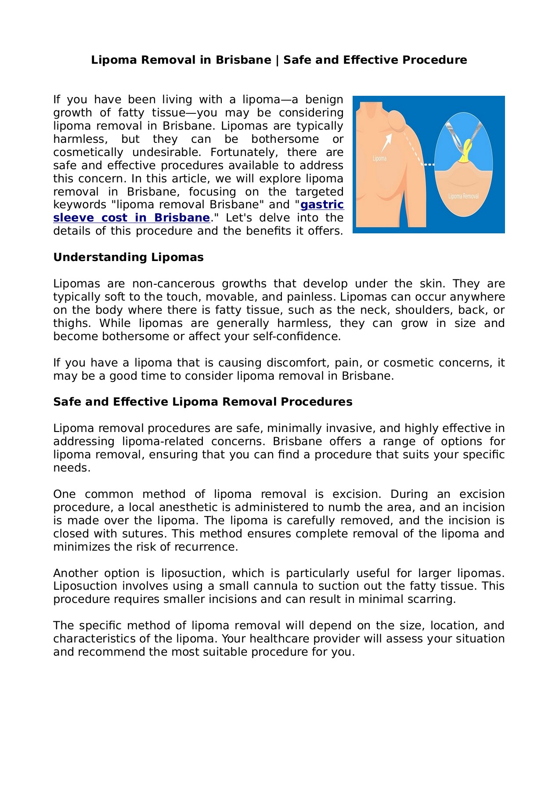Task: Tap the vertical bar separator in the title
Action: point(277,60)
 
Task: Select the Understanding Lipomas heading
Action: point(128,258)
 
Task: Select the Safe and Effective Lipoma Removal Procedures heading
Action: point(202,402)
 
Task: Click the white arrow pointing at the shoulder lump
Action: point(387,142)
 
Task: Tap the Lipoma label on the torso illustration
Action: point(379,158)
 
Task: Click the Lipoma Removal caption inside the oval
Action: point(463,196)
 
